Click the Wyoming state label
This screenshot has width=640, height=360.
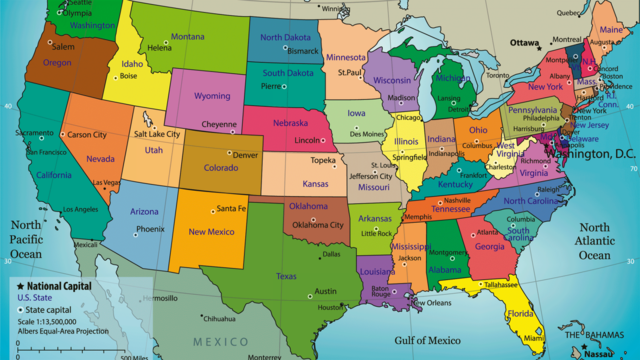click(212, 96)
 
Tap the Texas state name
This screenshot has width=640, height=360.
click(286, 276)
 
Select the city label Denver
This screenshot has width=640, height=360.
click(245, 155)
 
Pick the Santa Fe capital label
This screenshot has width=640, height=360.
click(231, 208)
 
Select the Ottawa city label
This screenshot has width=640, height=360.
click(524, 43)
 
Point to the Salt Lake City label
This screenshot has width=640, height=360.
click(158, 134)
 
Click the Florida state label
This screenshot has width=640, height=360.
click(521, 313)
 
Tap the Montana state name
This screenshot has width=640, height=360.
click(187, 37)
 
